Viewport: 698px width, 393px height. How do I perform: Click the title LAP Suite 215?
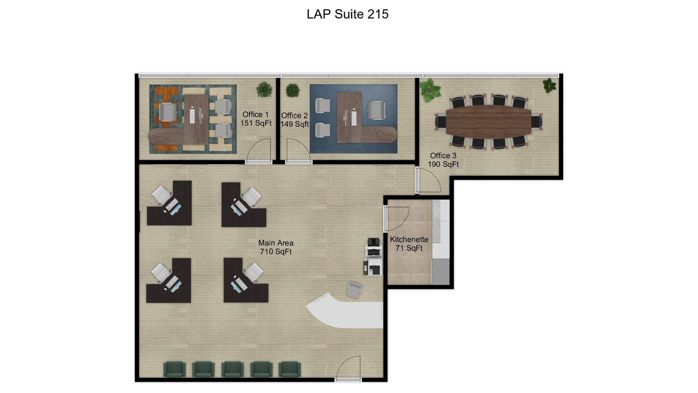(347, 14)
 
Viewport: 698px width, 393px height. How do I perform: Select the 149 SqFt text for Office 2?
(294, 124)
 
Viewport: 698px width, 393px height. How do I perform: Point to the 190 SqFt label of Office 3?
(443, 164)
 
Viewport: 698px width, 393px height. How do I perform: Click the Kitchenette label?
(409, 239)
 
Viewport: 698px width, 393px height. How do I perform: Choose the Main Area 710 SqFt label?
(276, 247)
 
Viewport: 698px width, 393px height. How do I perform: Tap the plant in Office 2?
(292, 90)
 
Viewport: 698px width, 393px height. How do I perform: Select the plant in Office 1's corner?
(264, 89)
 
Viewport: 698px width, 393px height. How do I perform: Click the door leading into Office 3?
(428, 180)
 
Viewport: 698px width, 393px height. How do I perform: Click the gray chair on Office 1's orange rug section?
(168, 112)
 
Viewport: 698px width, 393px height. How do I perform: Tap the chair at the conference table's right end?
(537, 122)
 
